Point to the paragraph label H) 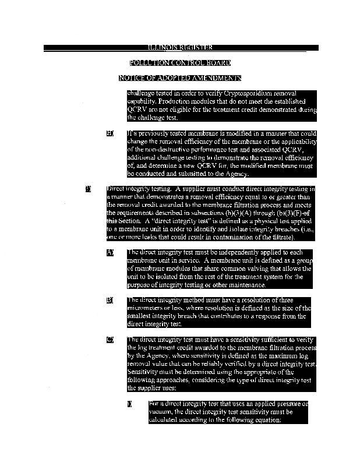(110, 133)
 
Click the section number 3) (89, 189)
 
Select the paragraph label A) (110, 253)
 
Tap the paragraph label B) (110, 301)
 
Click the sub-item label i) (129, 404)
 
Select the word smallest (142, 317)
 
